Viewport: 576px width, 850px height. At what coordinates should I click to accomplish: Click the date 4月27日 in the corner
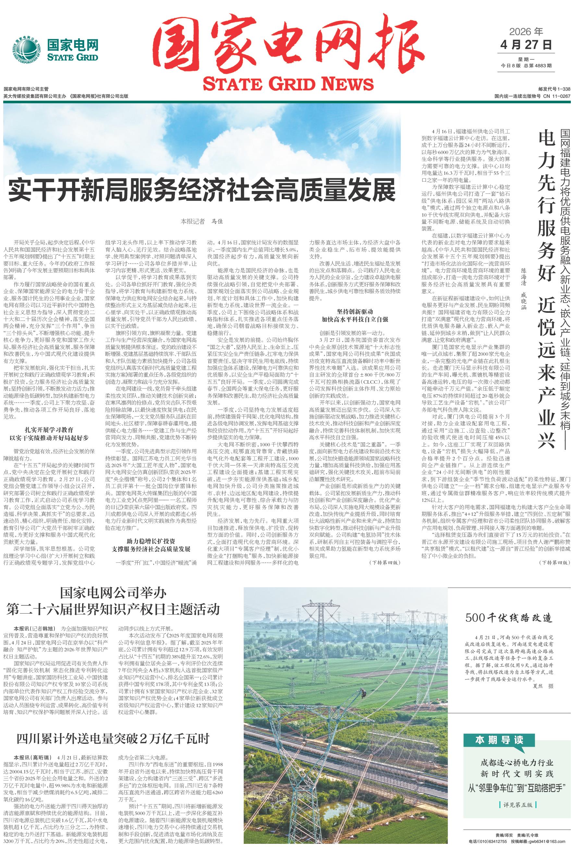coord(526,45)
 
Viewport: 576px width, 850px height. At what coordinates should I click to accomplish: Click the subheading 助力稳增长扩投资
coord(151,541)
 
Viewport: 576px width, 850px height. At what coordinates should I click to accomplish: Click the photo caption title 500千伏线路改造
coord(509,618)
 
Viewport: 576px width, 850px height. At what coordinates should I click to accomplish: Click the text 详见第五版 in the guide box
coord(517,805)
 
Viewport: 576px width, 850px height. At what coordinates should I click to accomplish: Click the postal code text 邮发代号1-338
coord(554,89)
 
